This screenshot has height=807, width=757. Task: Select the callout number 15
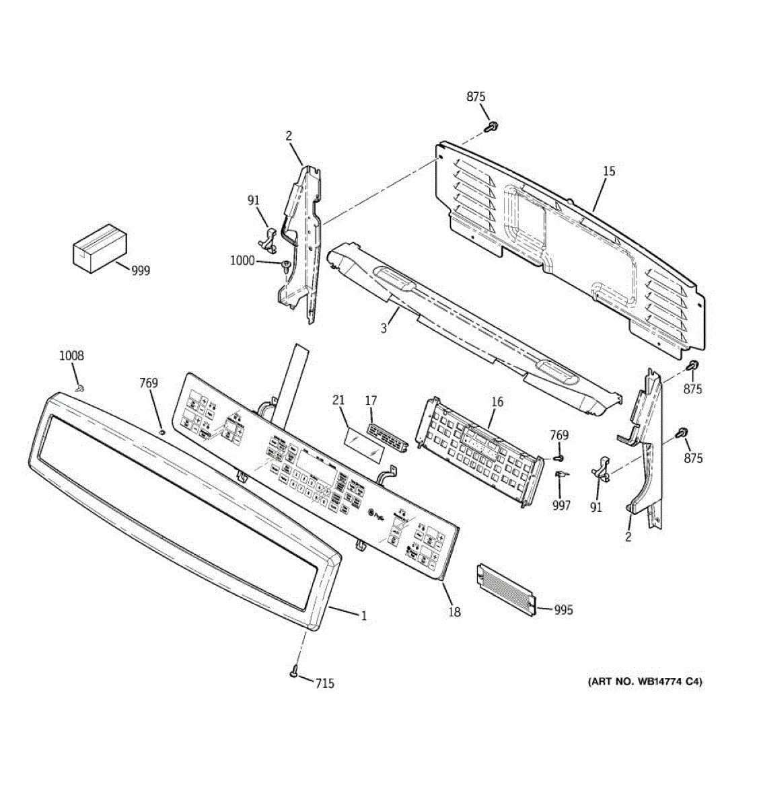[608, 171]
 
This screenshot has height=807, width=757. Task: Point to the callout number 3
[384, 328]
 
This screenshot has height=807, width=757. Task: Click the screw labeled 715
[294, 671]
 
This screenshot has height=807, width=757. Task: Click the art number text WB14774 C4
[645, 682]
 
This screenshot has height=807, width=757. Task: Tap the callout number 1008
[72, 356]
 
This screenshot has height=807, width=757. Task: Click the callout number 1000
[242, 260]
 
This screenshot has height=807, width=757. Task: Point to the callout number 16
[497, 402]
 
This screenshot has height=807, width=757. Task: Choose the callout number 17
[371, 401]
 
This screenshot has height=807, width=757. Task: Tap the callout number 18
[455, 612]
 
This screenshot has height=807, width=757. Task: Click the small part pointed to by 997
[560, 475]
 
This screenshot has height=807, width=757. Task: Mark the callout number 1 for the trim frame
[364, 615]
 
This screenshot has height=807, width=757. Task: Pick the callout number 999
[141, 271]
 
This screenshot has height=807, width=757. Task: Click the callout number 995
[563, 610]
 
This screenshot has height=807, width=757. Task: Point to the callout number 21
[338, 401]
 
